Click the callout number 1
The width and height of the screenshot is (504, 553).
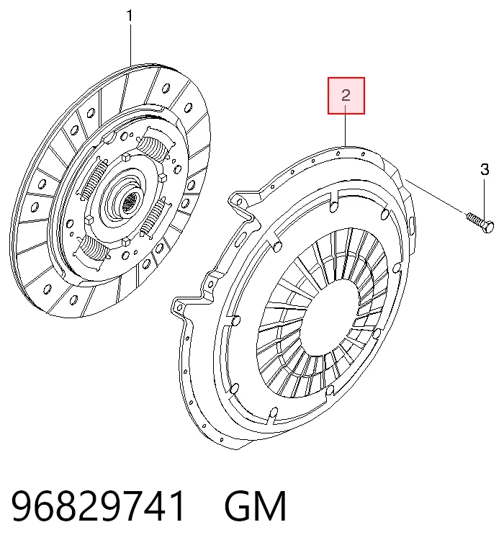coord(130,16)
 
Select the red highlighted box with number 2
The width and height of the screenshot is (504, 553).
coord(346,96)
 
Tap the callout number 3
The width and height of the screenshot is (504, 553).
coord(485,170)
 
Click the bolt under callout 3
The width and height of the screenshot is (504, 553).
coord(480,223)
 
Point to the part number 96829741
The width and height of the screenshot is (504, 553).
coord(98,506)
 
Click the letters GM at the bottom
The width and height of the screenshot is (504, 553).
coord(256,506)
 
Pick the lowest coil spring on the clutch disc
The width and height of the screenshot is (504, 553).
coord(94,250)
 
